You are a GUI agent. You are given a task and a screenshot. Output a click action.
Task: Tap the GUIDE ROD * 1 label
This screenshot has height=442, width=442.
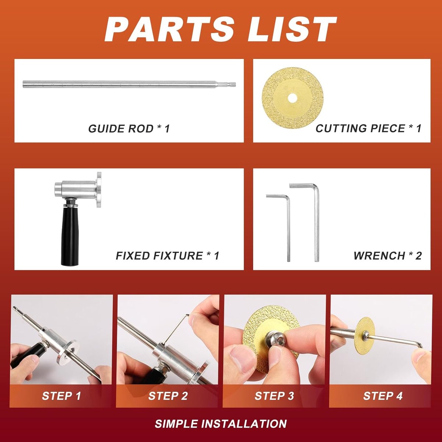(x=129, y=129)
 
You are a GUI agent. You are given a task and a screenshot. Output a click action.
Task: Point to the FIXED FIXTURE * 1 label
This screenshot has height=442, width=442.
(x=168, y=256)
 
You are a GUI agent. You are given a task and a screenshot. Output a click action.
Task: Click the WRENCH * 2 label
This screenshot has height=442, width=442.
(x=387, y=256)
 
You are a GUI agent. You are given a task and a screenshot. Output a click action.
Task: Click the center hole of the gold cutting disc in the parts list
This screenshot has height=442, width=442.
(x=292, y=98)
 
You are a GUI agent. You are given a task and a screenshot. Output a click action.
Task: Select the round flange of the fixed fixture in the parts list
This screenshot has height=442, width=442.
(x=99, y=189)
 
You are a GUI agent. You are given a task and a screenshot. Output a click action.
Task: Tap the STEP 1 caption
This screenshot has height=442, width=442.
(x=61, y=396)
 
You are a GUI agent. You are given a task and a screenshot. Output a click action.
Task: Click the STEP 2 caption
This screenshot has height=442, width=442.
(x=168, y=396)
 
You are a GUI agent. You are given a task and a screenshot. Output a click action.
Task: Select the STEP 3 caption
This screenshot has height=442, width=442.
(x=274, y=396)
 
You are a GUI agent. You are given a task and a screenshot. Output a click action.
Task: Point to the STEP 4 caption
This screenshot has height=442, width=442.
(x=383, y=396)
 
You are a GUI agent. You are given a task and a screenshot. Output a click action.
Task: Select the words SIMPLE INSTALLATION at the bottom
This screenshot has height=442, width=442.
(x=221, y=424)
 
